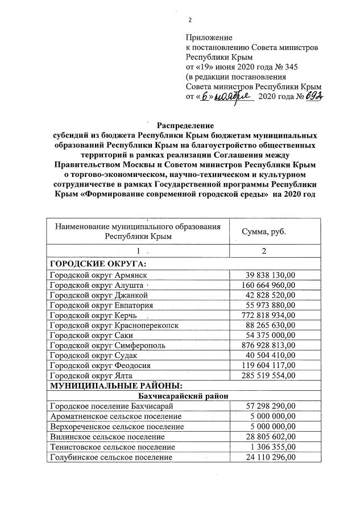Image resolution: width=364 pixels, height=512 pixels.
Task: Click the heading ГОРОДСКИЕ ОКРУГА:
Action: [97, 263]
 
